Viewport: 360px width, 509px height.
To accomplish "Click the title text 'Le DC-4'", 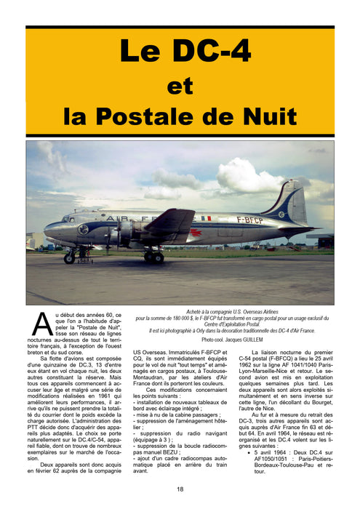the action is point(180,52).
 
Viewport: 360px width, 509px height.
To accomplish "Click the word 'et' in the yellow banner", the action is point(180,85).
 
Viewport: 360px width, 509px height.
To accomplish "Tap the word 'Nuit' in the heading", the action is point(269,116).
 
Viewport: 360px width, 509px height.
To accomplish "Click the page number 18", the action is point(180,489).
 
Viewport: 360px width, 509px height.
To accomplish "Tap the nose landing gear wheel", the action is point(69,258).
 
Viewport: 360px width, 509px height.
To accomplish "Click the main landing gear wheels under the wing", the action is point(153,257).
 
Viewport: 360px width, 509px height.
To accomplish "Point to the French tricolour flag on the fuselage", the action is point(207,217).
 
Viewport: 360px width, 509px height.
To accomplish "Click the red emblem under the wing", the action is point(196,233).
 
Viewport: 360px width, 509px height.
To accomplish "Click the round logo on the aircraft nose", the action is point(84,228).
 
